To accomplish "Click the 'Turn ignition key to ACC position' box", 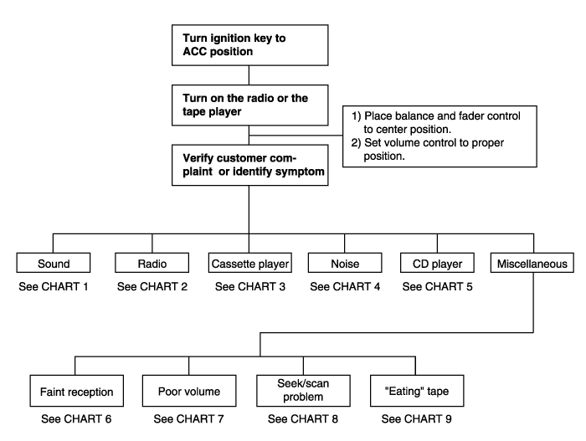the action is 250,45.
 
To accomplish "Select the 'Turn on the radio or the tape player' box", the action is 250,105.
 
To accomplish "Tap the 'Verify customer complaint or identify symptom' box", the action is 250,165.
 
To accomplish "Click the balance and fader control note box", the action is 439,136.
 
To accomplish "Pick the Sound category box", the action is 54,263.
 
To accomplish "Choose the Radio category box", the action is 152,263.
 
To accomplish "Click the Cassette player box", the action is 250,263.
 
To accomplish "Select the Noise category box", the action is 345,263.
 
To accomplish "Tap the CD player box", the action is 437,263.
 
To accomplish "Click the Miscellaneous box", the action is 532,263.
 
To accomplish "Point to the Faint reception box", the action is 77,391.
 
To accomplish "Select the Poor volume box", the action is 189,391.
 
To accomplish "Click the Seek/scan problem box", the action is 303,391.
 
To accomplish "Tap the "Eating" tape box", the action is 417,391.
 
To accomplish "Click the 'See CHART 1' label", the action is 54,287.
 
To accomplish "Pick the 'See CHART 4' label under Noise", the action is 345,287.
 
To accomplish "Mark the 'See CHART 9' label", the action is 416,419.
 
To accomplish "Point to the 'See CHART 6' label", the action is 76,419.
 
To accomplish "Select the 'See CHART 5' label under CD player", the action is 437,287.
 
